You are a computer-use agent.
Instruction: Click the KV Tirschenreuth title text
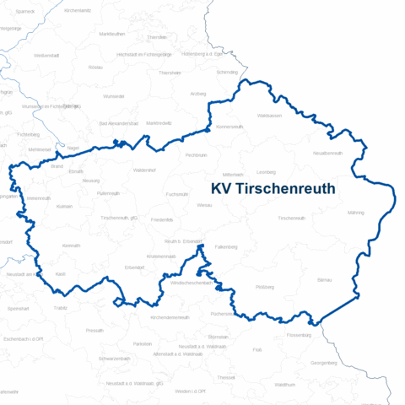[x=273, y=188]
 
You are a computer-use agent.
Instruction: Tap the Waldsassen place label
[x=268, y=115]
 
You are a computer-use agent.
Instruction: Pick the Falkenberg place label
[x=225, y=247]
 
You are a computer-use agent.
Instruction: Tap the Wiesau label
[x=204, y=205]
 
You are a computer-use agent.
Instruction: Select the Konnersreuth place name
[x=229, y=127]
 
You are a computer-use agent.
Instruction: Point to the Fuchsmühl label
[x=177, y=194]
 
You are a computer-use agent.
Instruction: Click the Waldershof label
[x=144, y=170]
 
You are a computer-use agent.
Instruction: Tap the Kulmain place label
[x=64, y=206]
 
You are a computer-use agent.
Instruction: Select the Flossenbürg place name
[x=299, y=335]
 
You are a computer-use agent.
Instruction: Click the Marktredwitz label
[x=159, y=123]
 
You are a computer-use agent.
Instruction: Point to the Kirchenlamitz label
[x=77, y=10]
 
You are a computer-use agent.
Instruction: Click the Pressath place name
[x=94, y=330]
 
